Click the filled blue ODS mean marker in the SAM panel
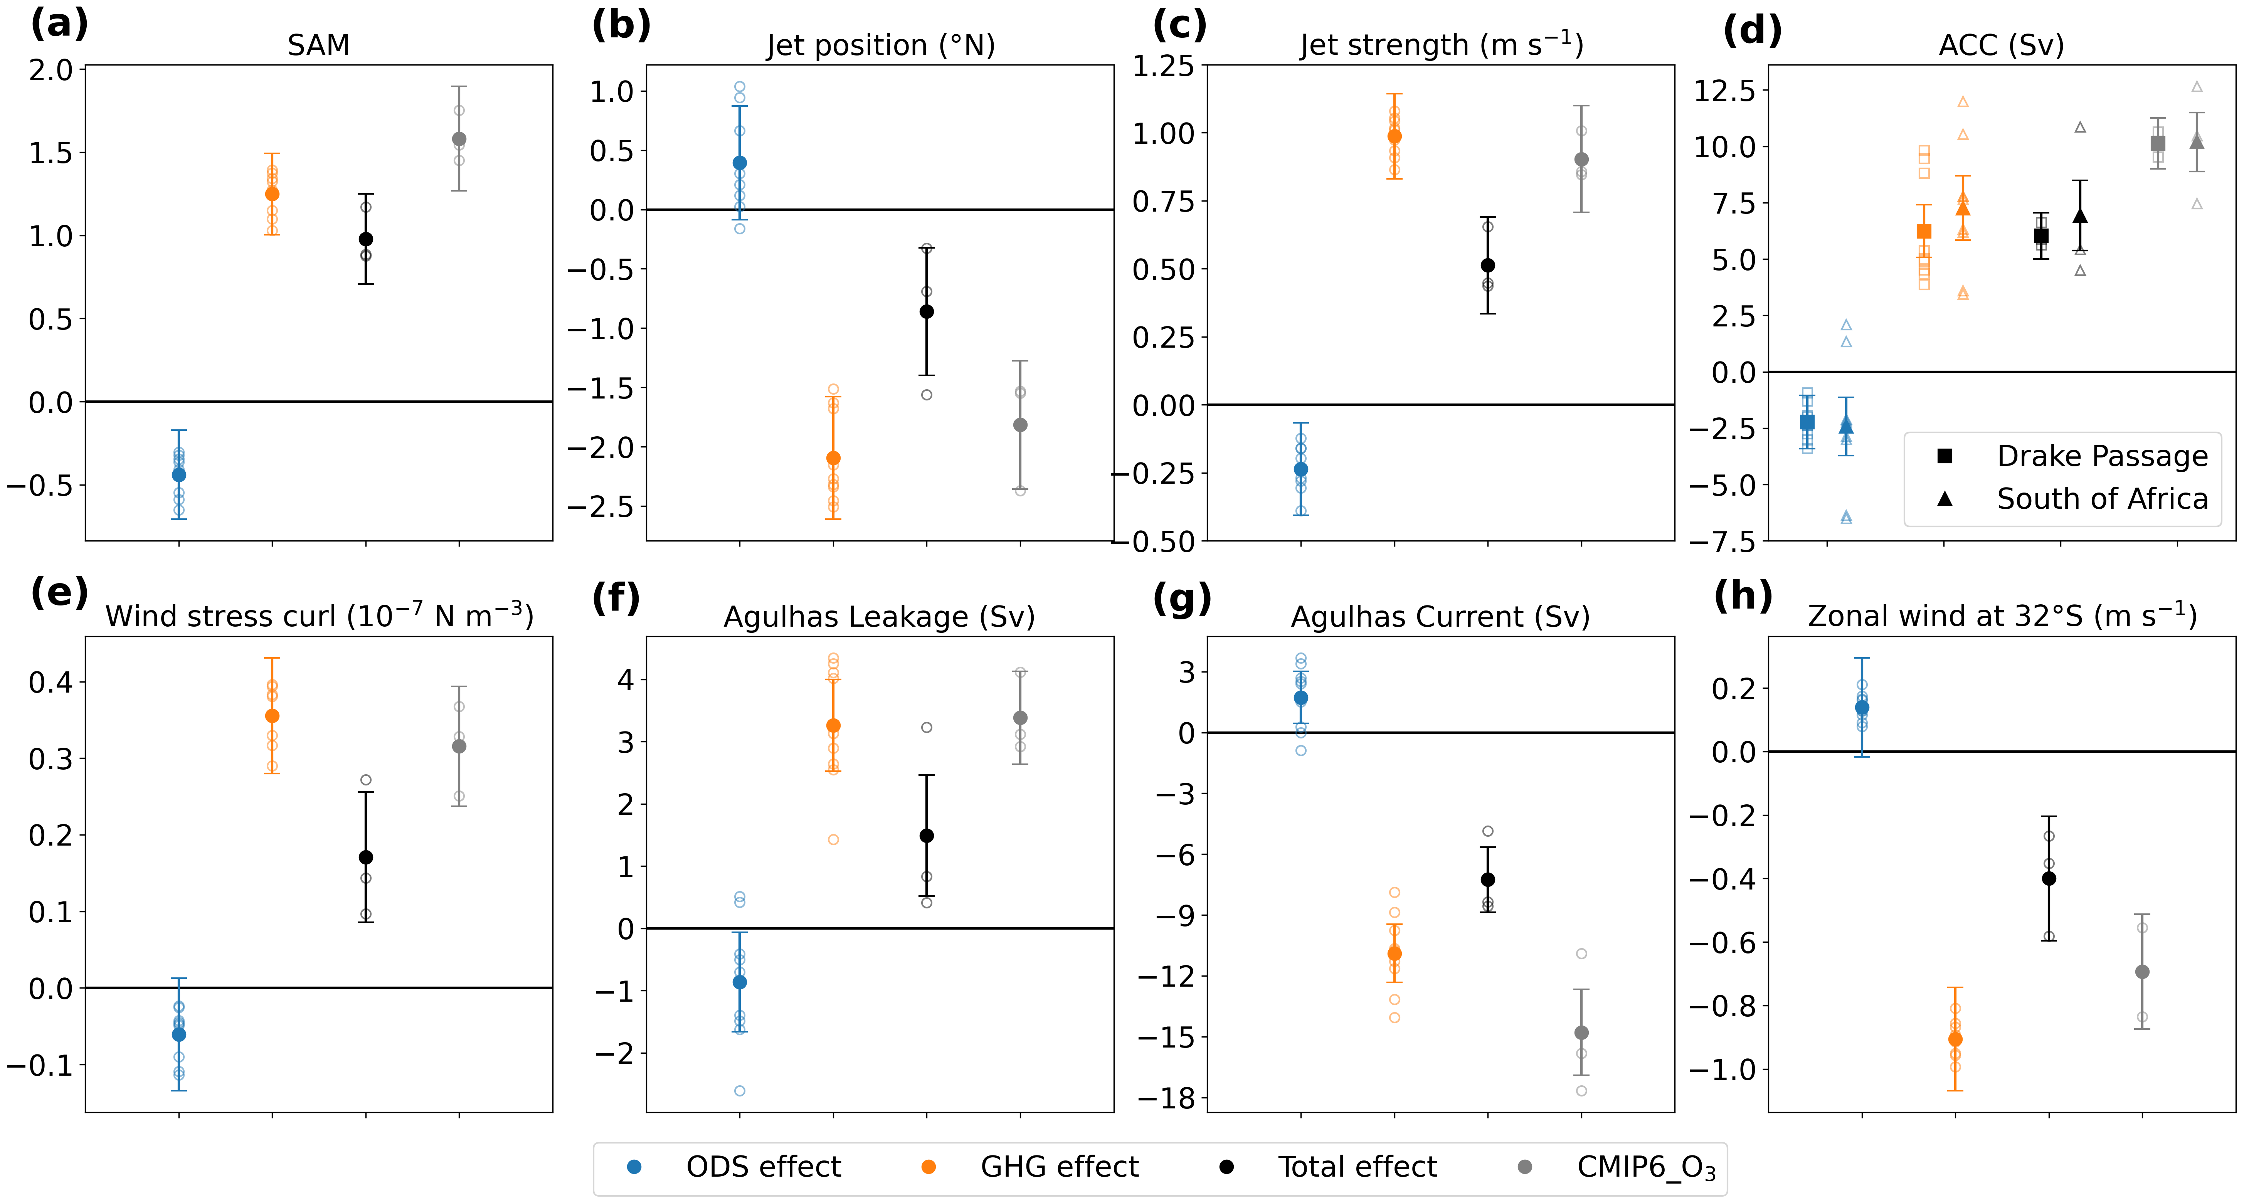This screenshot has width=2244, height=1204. pos(178,475)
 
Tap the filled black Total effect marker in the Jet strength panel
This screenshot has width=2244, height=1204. pos(1488,266)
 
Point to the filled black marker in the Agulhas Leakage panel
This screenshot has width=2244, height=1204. pos(927,836)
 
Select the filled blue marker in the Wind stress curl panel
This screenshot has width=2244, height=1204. pos(178,1035)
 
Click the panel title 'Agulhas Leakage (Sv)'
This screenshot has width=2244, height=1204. pos(879,617)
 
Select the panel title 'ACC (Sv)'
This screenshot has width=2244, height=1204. pos(2001,45)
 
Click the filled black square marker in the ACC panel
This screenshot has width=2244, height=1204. pos(2040,236)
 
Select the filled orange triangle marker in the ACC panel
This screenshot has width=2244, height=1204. pos(1963,209)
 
